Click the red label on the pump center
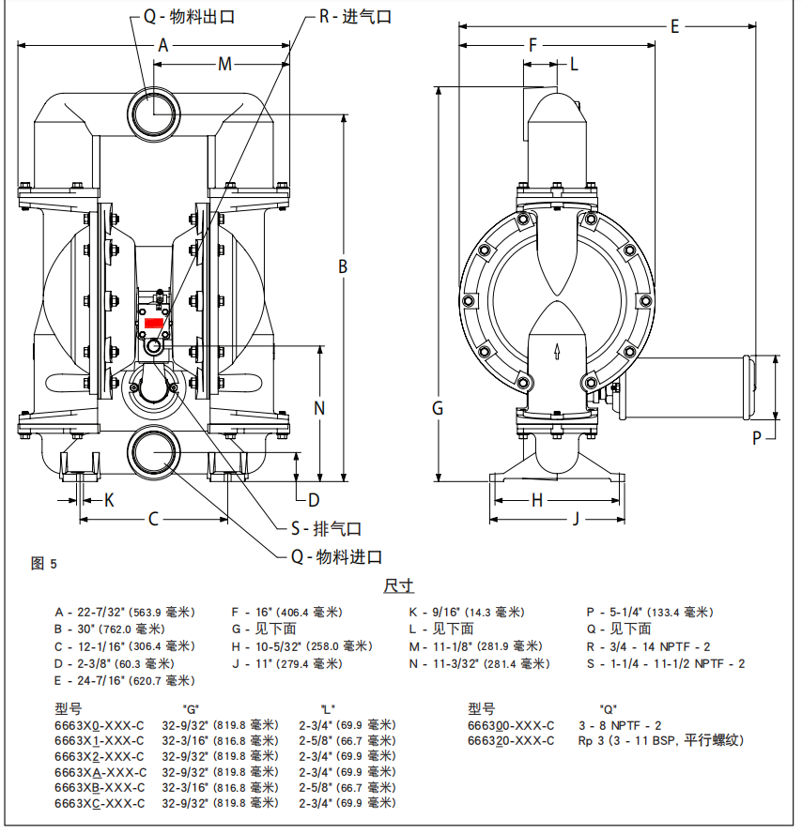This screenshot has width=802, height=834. tap(155, 323)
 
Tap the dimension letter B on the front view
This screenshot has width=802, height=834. tap(344, 266)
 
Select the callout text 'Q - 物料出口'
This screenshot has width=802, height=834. tap(189, 17)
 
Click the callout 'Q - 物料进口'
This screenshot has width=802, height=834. tap(335, 557)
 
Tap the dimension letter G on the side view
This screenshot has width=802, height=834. tap(438, 408)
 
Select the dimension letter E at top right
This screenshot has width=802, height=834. tap(674, 27)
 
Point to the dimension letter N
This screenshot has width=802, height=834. tap(319, 408)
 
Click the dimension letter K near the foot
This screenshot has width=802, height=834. tap(109, 499)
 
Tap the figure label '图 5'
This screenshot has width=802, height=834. tap(44, 564)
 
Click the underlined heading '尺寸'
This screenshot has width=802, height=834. tap(398, 586)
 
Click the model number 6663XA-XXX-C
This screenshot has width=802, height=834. tap(100, 771)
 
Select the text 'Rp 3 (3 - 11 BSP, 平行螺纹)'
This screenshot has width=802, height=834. tap(660, 740)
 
